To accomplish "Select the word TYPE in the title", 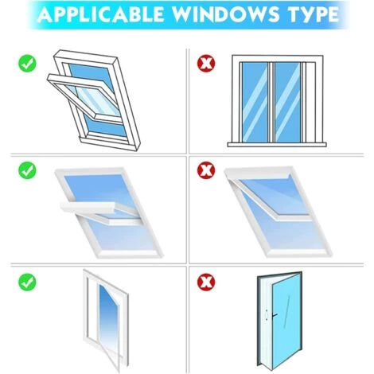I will tap(314, 16).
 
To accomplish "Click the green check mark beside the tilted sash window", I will tap(27, 60).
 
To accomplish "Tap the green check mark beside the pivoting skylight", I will tap(27, 169).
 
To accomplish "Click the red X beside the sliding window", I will tap(207, 60).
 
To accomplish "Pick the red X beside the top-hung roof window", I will tap(207, 169).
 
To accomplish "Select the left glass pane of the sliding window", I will tap(253, 99).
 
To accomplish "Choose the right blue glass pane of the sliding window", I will tap(289, 99).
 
